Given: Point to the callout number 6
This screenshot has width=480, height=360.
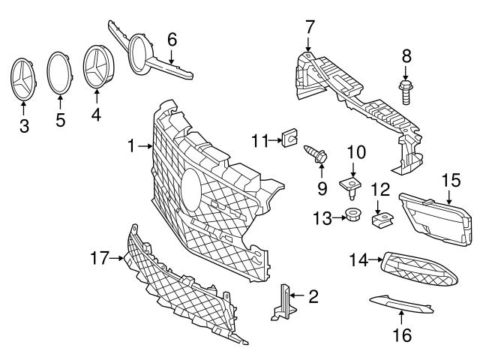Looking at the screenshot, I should tap(172, 37).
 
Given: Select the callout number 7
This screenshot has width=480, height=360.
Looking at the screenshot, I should tap(309, 27).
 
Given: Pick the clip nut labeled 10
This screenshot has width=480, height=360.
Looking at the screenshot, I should tap(349, 184).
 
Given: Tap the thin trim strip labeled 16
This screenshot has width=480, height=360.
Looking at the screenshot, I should tap(401, 304).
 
